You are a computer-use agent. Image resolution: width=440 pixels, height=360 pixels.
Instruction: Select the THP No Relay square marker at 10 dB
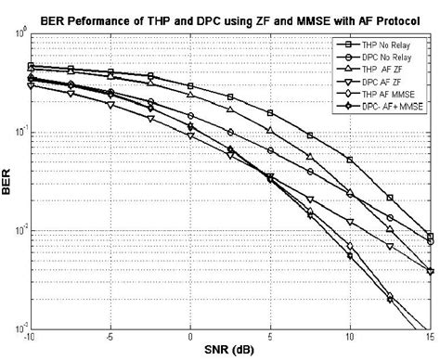coord(350,160)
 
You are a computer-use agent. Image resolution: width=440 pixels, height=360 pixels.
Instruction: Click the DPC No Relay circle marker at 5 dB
coord(270,150)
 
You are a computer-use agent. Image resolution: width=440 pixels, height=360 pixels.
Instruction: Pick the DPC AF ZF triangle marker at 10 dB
coord(350,222)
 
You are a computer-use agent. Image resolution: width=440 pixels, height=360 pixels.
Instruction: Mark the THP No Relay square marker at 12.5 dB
coord(390,198)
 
